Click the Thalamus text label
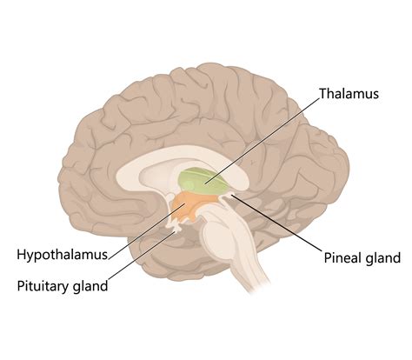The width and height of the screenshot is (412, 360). click(349, 94)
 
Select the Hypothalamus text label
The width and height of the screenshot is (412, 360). click(63, 255)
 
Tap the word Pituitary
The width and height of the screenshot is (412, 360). click(43, 286)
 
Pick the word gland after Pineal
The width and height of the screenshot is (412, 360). click(383, 258)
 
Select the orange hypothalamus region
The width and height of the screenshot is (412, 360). click(193, 207)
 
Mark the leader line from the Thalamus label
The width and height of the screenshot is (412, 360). click(262, 141)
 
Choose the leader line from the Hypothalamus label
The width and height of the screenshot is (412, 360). click(147, 231)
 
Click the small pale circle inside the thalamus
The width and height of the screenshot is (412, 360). click(189, 184)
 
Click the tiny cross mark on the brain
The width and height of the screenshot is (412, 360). click(253, 163)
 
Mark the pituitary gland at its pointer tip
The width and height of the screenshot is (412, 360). click(175, 230)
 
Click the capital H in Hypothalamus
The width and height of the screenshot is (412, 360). click(22, 254)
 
